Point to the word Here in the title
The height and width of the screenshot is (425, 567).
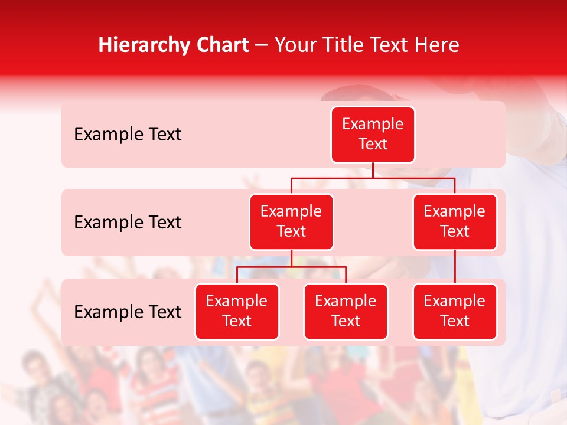coord(437,45)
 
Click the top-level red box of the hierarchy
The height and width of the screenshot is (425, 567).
coord(373,135)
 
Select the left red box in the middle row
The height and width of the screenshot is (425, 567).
coord(291,221)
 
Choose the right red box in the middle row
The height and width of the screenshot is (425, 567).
coord(455,221)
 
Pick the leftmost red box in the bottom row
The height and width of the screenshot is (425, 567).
coord(237,311)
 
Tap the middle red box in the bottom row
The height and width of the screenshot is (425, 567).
coord(346,311)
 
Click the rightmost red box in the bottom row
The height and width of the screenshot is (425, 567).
coord(455,311)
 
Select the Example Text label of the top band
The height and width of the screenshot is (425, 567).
coord(128,135)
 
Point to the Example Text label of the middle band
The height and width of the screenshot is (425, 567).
coord(128,222)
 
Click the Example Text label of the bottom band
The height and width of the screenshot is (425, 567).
coord(128,312)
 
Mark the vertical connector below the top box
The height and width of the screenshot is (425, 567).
coord(373,170)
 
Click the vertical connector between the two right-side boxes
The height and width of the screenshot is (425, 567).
coord(455,266)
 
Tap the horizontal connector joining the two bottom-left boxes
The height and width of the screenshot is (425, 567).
coord(291,267)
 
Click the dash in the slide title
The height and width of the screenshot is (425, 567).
coord(262,45)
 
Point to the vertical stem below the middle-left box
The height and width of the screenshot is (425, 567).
coord(291,258)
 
